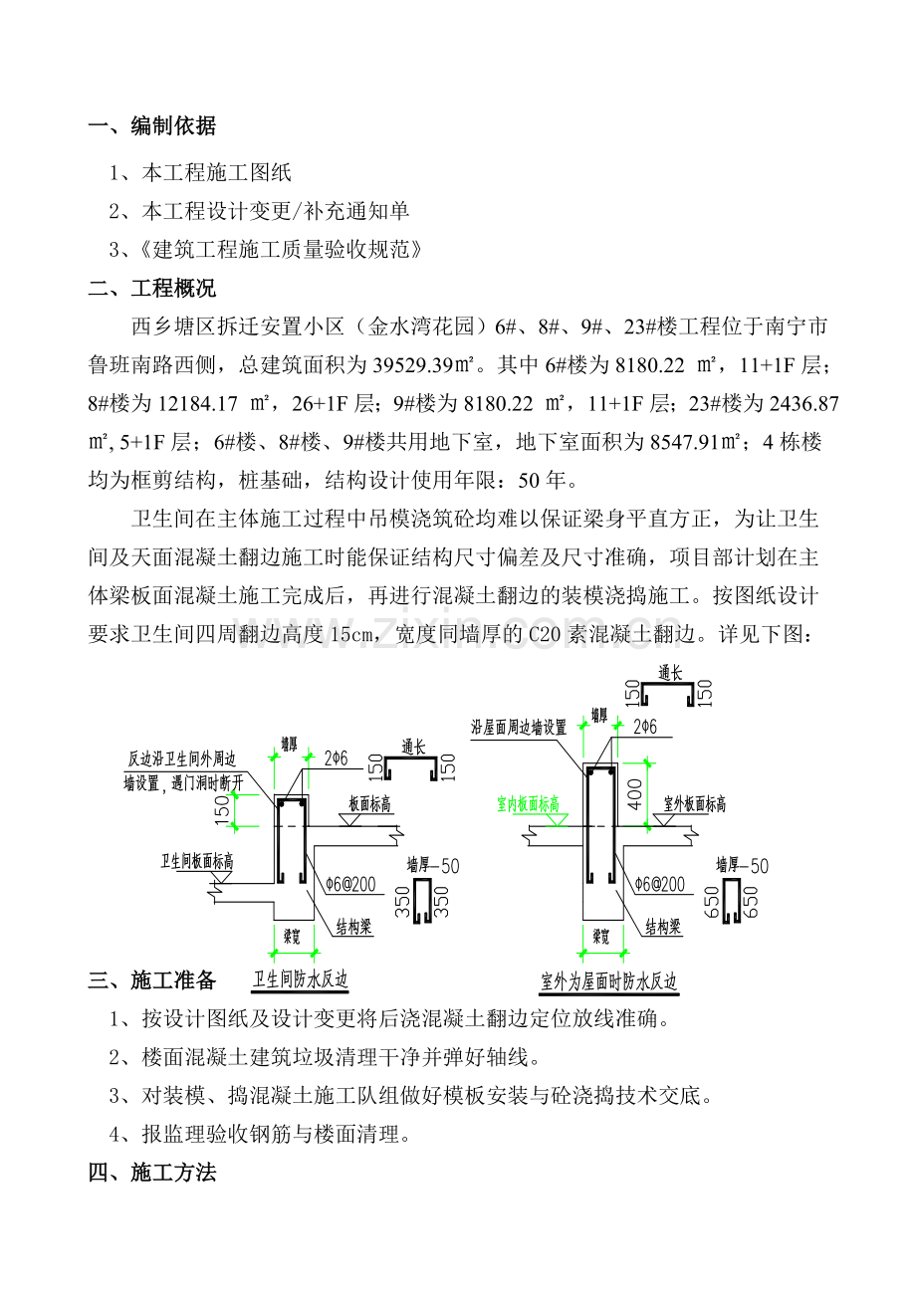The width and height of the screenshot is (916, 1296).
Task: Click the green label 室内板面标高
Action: point(528,804)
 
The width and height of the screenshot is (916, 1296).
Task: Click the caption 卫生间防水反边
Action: point(302,980)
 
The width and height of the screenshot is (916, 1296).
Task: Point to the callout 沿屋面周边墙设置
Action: point(519,728)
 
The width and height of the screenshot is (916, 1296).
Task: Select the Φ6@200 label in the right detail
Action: point(659,884)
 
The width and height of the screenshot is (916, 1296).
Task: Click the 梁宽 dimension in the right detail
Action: point(600,937)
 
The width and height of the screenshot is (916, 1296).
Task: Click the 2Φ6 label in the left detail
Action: point(336,758)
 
